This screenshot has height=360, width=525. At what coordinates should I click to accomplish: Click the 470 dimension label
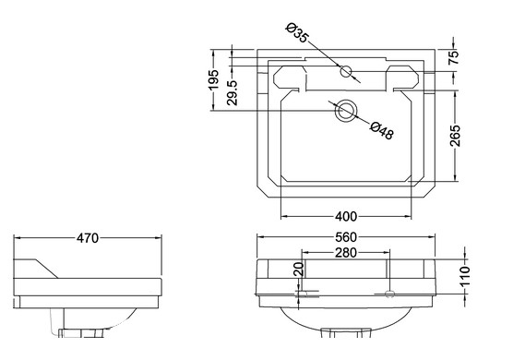click(88, 238)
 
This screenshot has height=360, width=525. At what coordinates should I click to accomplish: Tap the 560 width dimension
click(346, 237)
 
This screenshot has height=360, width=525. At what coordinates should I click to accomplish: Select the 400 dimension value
click(346, 217)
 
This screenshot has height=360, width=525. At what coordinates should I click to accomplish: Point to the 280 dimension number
click(346, 253)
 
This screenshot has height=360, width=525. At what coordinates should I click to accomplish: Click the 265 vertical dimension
click(455, 136)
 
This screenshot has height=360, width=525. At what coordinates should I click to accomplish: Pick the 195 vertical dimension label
click(213, 79)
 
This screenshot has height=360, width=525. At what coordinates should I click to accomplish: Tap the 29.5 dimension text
click(232, 92)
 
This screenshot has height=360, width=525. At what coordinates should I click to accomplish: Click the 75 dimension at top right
click(453, 57)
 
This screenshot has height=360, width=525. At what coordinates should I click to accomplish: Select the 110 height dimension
click(465, 276)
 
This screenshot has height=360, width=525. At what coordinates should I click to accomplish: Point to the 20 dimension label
click(299, 269)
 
